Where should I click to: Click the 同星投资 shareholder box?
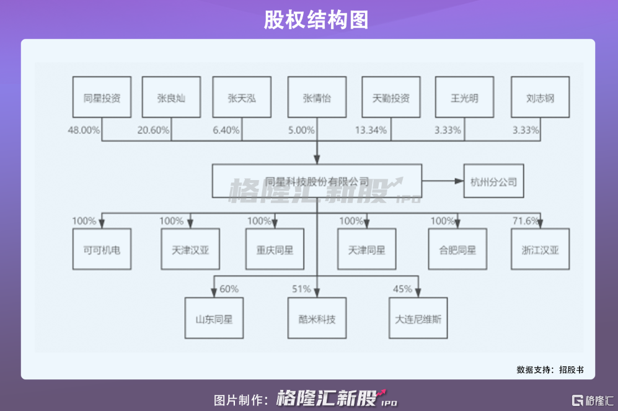(102, 97)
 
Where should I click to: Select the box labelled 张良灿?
(172, 97)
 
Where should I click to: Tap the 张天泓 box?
(242, 97)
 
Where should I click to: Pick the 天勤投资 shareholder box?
(391, 97)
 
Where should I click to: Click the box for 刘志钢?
(540, 97)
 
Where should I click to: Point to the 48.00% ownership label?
(84, 130)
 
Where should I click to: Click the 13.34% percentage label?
(371, 130)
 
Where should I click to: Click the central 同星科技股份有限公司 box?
(317, 182)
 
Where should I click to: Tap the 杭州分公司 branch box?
(493, 182)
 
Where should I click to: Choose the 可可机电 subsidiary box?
(102, 250)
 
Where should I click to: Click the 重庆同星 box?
(275, 250)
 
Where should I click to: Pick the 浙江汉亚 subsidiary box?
(540, 250)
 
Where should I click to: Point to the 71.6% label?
(526, 221)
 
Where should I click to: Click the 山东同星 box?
(213, 318)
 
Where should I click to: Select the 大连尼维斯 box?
(418, 318)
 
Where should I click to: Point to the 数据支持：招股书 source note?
(550, 369)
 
